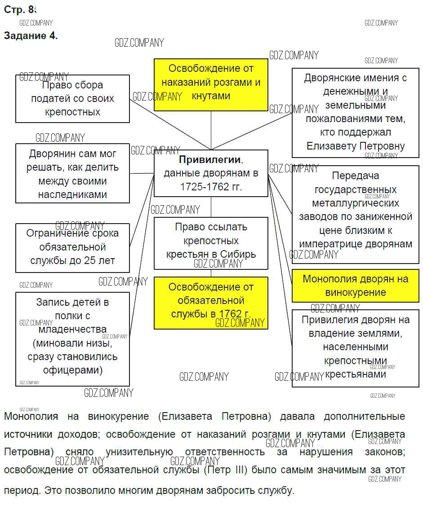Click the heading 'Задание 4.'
(x=31, y=36)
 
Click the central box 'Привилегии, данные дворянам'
(x=211, y=173)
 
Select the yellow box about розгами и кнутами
(x=211, y=84)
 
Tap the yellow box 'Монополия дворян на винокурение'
(x=355, y=286)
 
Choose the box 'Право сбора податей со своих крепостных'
(x=72, y=98)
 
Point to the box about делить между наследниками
(x=72, y=173)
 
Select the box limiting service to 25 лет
(x=72, y=247)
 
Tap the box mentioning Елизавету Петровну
(x=355, y=112)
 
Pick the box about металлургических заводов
(x=355, y=210)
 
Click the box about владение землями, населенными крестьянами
(x=355, y=348)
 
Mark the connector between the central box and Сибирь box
(x=211, y=207)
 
